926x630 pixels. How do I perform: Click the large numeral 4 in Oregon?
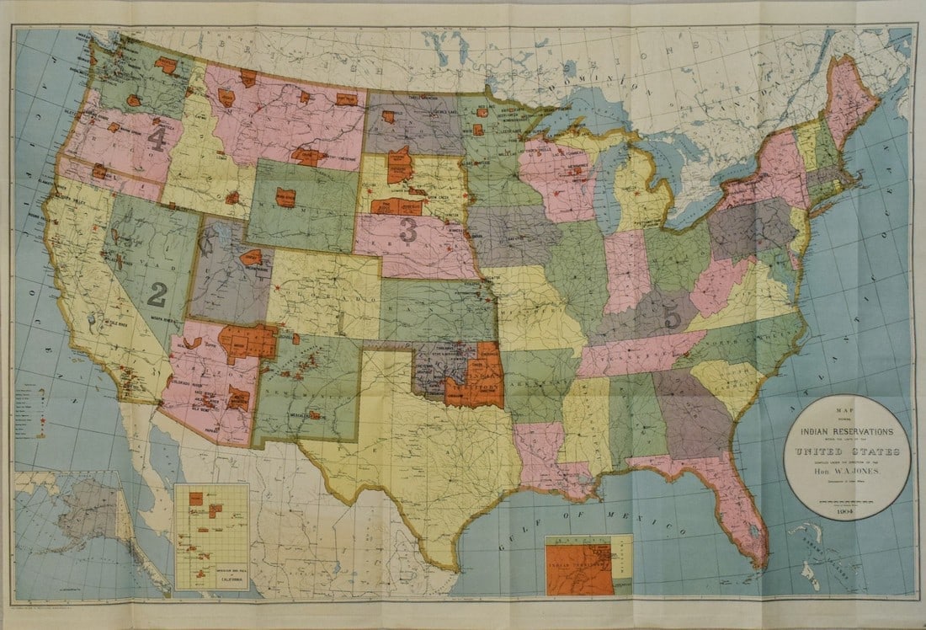click(x=157, y=138)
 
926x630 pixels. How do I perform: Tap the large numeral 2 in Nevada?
click(x=157, y=293)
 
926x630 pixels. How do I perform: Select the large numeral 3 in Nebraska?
click(x=408, y=230)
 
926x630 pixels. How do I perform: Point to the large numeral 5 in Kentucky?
click(x=672, y=318)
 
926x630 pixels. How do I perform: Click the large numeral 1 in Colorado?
click(x=339, y=323)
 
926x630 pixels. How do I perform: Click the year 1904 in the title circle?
click(x=847, y=508)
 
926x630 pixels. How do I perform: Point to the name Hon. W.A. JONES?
click(x=847, y=473)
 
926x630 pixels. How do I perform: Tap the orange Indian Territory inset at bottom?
click(x=579, y=569)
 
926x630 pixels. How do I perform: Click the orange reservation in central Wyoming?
click(x=285, y=198)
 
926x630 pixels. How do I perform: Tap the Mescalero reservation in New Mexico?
click(x=316, y=414)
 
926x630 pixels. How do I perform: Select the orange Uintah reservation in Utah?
click(x=251, y=258)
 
